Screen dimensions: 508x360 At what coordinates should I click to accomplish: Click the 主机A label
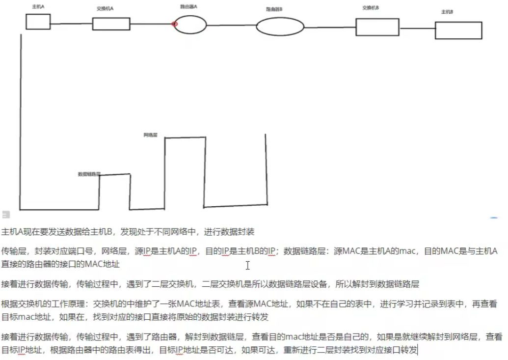click(37, 7)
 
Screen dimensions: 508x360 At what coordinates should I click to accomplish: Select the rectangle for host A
click(38, 22)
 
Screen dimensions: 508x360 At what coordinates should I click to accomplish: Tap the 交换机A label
click(105, 9)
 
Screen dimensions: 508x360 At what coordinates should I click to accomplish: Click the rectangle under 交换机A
click(111, 24)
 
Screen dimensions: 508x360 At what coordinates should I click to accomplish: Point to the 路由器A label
click(188, 7)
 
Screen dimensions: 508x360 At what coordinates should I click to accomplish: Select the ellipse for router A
click(190, 24)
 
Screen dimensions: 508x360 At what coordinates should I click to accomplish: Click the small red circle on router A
click(175, 24)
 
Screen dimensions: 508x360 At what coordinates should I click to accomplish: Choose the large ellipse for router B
click(280, 27)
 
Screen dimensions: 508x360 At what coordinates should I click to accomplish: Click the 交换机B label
click(371, 8)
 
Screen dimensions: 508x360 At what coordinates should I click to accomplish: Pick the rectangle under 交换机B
click(377, 27)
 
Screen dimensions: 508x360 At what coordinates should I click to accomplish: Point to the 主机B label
click(447, 12)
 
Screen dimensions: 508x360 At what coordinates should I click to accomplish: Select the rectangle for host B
click(458, 30)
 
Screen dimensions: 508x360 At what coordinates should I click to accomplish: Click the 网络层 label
click(150, 135)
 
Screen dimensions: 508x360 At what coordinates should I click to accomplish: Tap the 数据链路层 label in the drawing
click(89, 174)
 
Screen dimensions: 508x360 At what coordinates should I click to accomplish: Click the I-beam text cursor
click(248, 265)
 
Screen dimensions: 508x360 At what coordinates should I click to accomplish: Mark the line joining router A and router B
click(231, 25)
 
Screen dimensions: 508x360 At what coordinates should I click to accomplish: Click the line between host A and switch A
click(71, 24)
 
